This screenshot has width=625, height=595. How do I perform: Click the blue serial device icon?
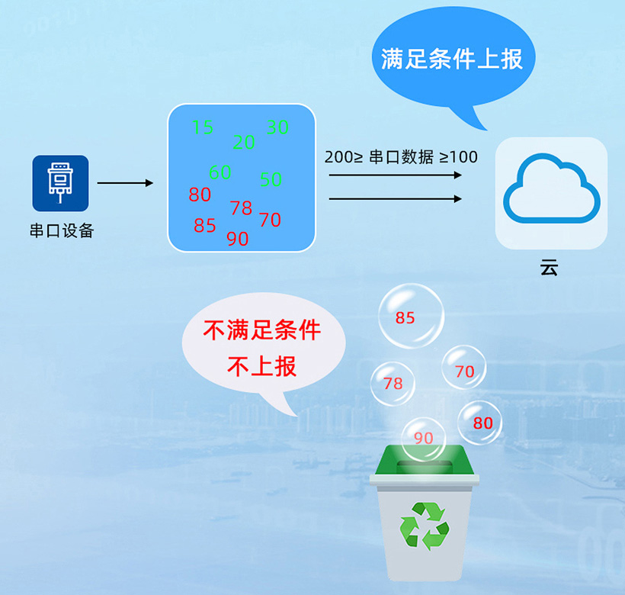coord(60,183)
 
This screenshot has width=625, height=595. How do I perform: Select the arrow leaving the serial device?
coord(125,183)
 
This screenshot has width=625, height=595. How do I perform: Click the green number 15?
coord(203,127)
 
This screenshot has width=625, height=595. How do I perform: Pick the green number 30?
coord(277,127)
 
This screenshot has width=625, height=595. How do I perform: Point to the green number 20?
coord(244,142)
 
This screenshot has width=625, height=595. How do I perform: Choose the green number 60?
coord(220,172)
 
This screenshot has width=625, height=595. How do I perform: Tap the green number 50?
coord(271,179)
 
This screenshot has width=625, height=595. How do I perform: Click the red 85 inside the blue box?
coord(204,226)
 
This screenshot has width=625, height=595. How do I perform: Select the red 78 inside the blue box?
coord(241,207)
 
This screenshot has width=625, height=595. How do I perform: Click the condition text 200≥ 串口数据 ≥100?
coord(401,157)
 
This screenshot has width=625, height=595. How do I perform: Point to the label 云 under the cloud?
coord(549,268)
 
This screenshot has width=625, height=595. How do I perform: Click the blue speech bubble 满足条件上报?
coord(452,59)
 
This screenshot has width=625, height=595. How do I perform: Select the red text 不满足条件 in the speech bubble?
coord(261,330)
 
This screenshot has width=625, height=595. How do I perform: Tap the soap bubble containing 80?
coord(480,422)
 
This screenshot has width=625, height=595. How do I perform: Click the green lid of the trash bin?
coord(425,460)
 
